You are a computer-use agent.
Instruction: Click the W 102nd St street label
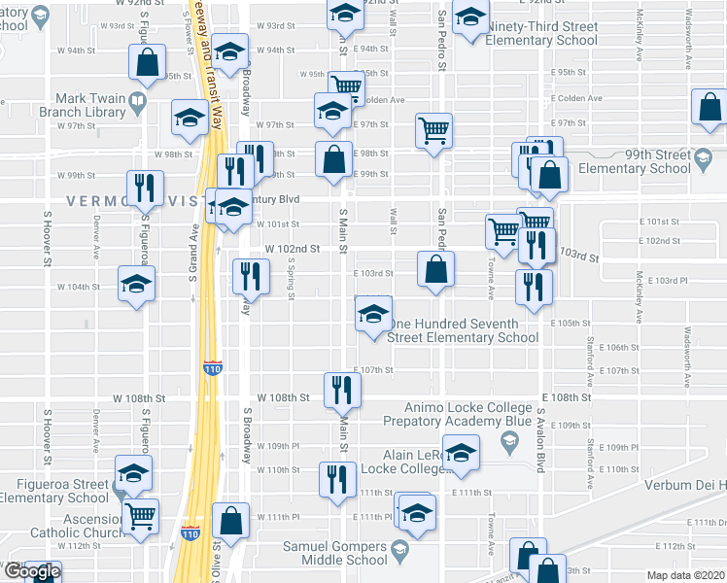click(293, 249)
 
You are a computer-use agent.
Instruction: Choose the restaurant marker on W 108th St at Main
click(342, 390)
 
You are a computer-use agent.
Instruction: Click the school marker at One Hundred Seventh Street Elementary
click(373, 315)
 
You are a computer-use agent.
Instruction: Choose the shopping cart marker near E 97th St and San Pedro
click(434, 130)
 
